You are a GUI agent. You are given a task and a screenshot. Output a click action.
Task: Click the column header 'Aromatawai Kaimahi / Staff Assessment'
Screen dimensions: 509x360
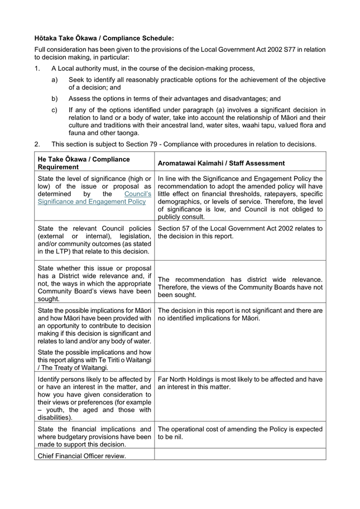tap(221, 163)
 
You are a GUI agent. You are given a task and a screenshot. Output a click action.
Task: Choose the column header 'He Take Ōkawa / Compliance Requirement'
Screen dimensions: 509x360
tap(84, 163)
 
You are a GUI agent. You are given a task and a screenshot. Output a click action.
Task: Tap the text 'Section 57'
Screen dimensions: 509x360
tap(176, 228)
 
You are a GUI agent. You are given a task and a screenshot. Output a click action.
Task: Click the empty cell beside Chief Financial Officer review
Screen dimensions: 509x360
tap(240, 455)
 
